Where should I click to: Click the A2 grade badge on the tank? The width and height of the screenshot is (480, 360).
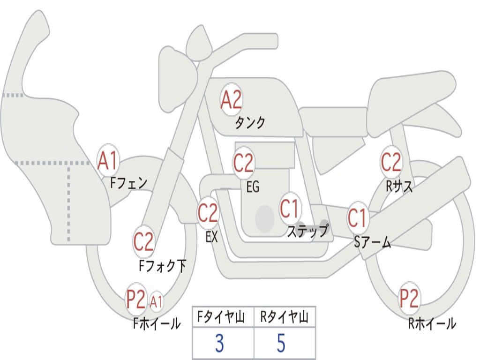231,100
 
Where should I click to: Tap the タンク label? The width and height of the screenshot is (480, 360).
250,123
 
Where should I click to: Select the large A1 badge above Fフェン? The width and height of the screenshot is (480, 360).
108,161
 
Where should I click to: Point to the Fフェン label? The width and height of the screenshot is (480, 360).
128,182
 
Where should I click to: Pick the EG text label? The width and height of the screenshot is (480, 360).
253,187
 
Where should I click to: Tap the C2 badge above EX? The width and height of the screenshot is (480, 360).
208,213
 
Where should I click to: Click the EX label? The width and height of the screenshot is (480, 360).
211,237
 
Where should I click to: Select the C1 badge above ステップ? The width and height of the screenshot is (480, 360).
290,209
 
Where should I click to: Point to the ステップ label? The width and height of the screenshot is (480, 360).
307,231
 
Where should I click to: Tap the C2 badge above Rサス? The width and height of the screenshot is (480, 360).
391,162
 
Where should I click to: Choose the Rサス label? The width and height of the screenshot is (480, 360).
399,187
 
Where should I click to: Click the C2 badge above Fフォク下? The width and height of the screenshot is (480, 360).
143,242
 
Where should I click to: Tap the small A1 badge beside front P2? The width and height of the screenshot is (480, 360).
156,302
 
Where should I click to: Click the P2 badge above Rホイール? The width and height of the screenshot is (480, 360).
409,298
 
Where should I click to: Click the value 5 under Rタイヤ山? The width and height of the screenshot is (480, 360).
281,343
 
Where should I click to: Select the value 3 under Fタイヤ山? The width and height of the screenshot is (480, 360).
219,343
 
